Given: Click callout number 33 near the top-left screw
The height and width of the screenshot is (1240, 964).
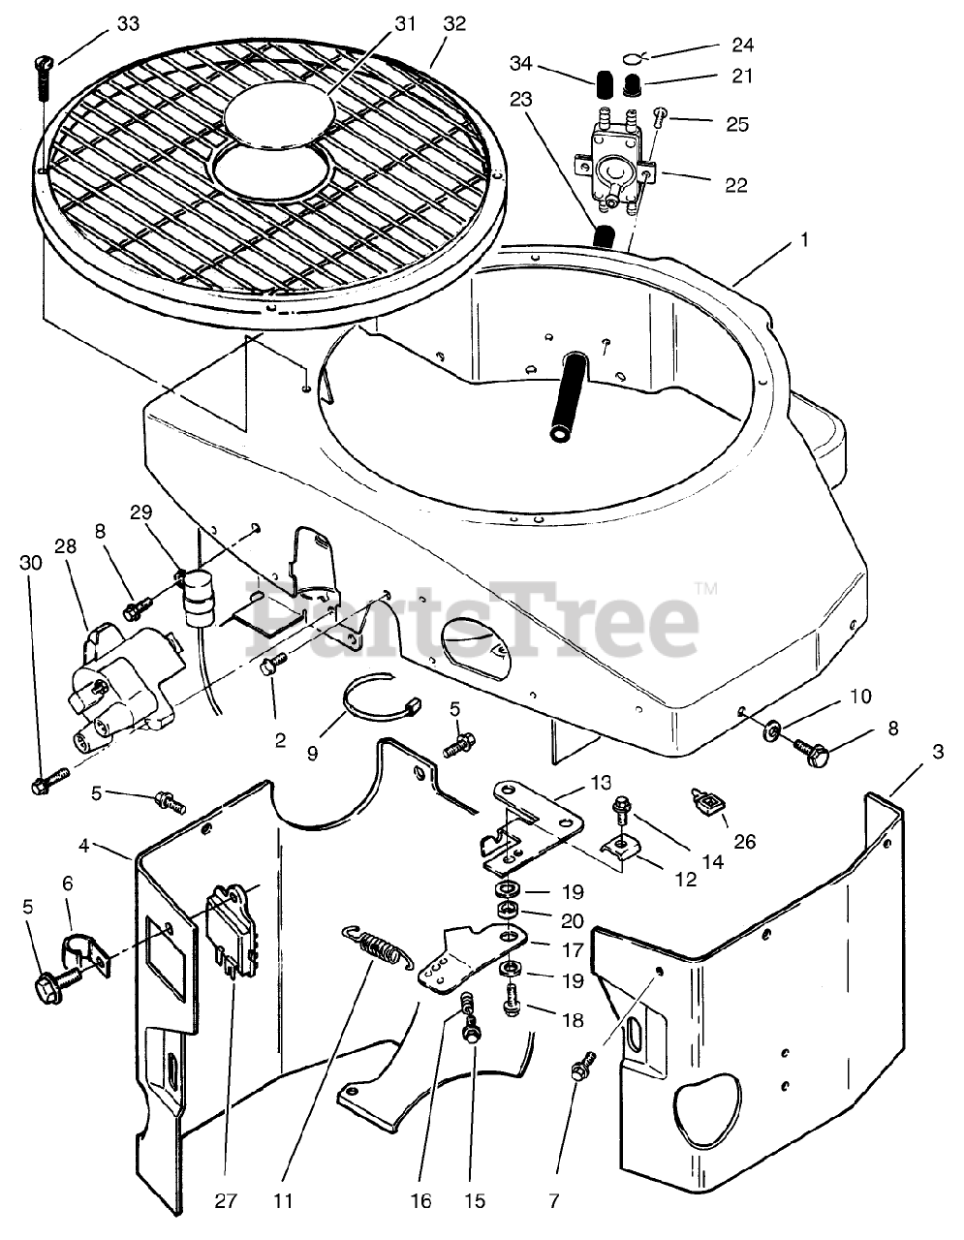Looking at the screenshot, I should [128, 23].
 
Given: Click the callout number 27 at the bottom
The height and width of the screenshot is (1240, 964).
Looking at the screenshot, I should [225, 1201].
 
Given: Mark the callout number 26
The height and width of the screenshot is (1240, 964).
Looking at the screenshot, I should [743, 842].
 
